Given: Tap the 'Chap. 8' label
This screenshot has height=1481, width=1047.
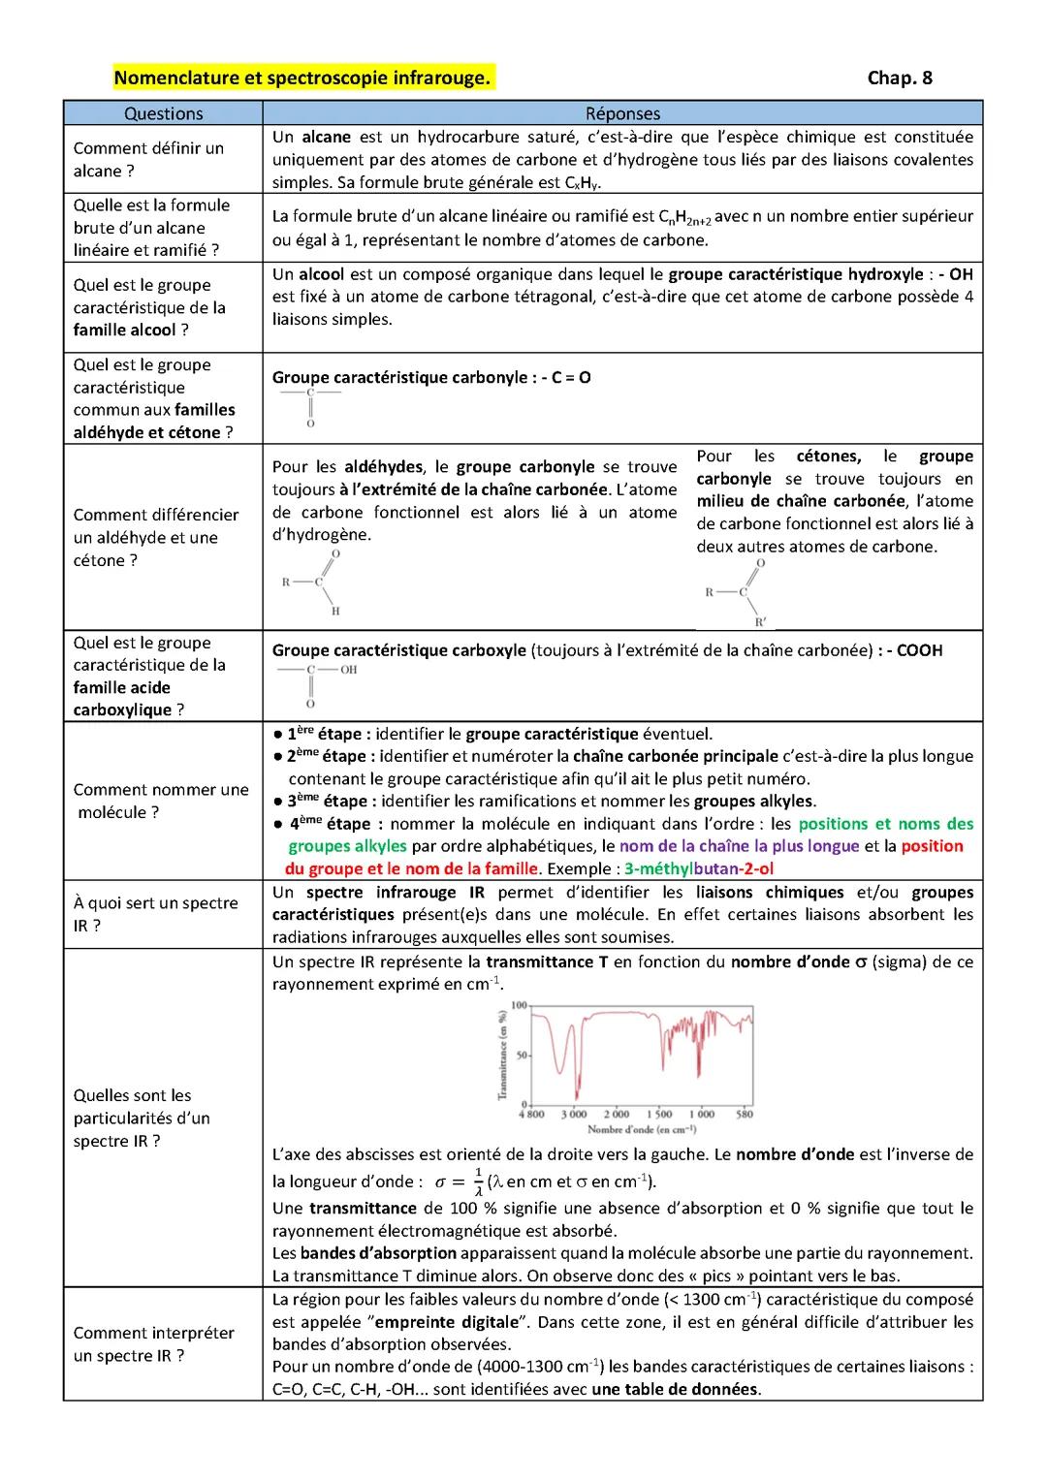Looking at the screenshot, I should (899, 78).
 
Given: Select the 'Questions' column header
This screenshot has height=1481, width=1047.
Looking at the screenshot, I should (163, 113).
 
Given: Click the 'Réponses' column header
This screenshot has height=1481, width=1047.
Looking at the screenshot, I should (622, 113).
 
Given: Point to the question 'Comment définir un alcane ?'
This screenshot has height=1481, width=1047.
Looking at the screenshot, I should (148, 159).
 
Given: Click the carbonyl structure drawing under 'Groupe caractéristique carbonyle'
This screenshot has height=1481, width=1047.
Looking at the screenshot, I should (310, 407).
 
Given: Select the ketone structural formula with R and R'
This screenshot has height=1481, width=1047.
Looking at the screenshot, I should (738, 591).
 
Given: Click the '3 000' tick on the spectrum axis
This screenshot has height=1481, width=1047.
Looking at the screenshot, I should (574, 1114).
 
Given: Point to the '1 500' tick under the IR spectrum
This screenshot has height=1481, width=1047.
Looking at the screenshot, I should (659, 1114).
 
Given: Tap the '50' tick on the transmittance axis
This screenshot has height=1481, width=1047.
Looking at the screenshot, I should (521, 1055).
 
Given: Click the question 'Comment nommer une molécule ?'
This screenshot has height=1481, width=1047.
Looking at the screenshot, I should (161, 801).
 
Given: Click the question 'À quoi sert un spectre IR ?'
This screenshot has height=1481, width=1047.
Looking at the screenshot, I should (155, 914).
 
